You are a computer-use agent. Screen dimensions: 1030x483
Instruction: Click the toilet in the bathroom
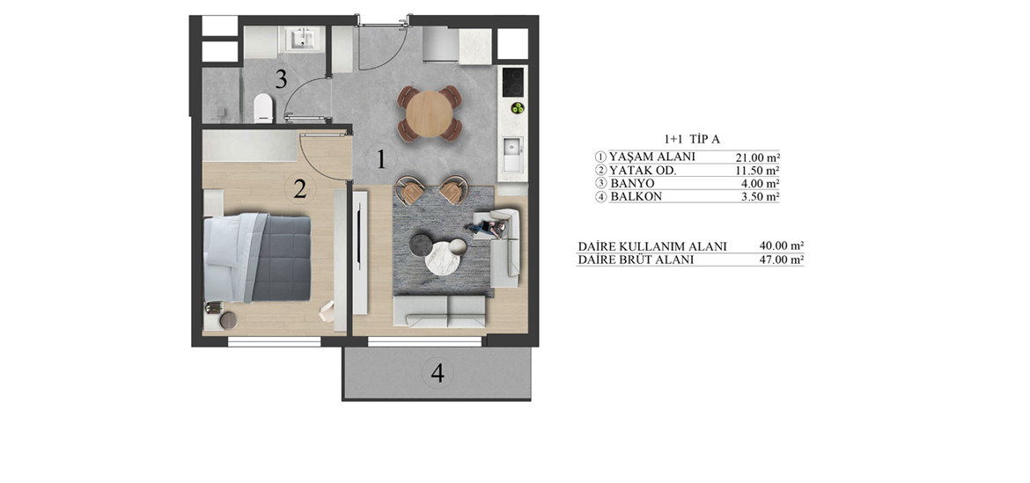[x=262, y=107]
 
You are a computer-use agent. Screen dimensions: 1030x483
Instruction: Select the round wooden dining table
[x=430, y=113]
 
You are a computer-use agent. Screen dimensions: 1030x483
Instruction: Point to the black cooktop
[x=513, y=81]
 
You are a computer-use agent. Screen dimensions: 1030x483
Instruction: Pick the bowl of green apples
[x=518, y=107]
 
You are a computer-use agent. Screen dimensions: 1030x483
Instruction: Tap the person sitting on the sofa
[x=487, y=228]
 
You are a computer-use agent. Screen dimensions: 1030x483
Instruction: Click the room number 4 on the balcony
[x=438, y=373]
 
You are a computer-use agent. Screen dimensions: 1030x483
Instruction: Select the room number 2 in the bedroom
[x=299, y=189]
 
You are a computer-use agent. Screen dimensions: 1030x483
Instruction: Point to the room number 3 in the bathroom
[x=281, y=80]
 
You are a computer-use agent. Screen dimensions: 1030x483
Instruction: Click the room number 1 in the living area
[x=379, y=159]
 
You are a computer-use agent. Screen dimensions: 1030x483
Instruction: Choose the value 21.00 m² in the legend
[x=758, y=157]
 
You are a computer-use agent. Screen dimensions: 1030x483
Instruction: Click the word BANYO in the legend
[x=632, y=184]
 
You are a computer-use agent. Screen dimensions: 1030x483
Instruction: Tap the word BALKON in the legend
[x=636, y=196]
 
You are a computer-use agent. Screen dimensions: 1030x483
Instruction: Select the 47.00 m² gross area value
[x=782, y=260]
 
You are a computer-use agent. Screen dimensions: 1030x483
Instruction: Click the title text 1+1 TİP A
[x=692, y=139]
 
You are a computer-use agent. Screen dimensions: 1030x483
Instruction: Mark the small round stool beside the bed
[x=228, y=320]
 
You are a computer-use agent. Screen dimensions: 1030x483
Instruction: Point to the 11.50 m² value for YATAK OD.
[x=758, y=171]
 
